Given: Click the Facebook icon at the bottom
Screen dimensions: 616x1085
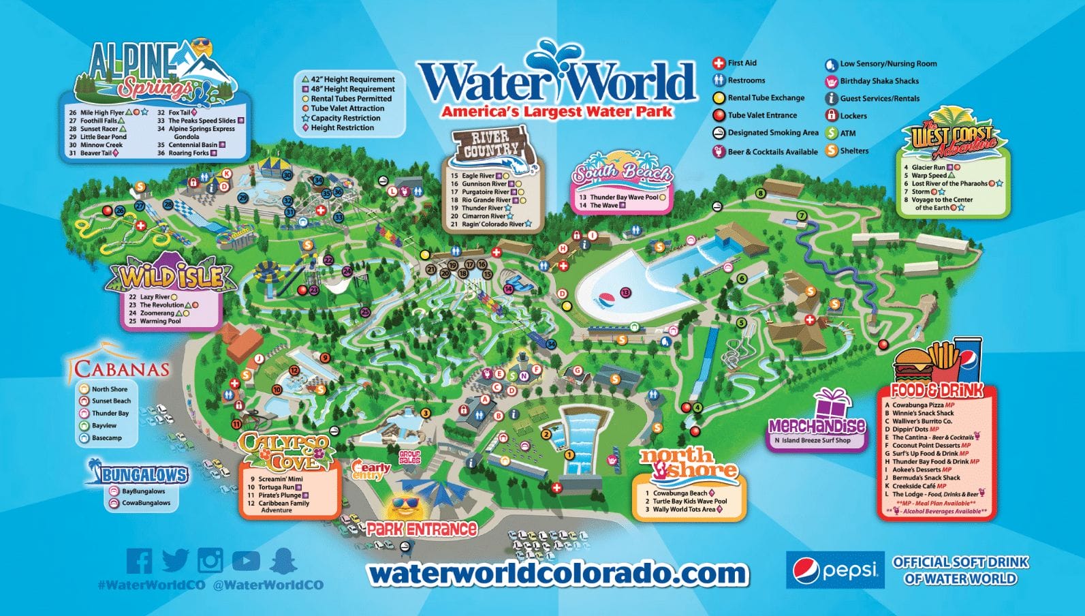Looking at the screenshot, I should pos(140,561).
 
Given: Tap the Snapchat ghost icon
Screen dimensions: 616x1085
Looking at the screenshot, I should pos(283,561).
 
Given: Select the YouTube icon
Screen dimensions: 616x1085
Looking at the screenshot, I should pos(246,561).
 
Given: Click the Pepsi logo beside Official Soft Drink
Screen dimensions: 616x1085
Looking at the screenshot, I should pos(835,570).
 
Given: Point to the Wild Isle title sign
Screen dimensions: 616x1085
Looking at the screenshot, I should pos(172,276).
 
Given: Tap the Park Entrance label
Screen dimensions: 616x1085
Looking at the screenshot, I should pos(421,529).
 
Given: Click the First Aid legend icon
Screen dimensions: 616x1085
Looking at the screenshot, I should pos(719,63).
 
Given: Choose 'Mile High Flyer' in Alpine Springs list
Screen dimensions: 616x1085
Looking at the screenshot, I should pos(102,112).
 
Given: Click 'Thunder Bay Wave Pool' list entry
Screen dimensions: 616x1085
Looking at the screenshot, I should pos(623,197).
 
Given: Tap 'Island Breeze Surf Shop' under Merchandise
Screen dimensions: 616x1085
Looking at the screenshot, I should pos(816,440).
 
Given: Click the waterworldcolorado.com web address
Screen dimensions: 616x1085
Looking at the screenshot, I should pos(557,574).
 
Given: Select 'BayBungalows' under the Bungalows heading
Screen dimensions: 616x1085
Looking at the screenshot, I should pos(143,491).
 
